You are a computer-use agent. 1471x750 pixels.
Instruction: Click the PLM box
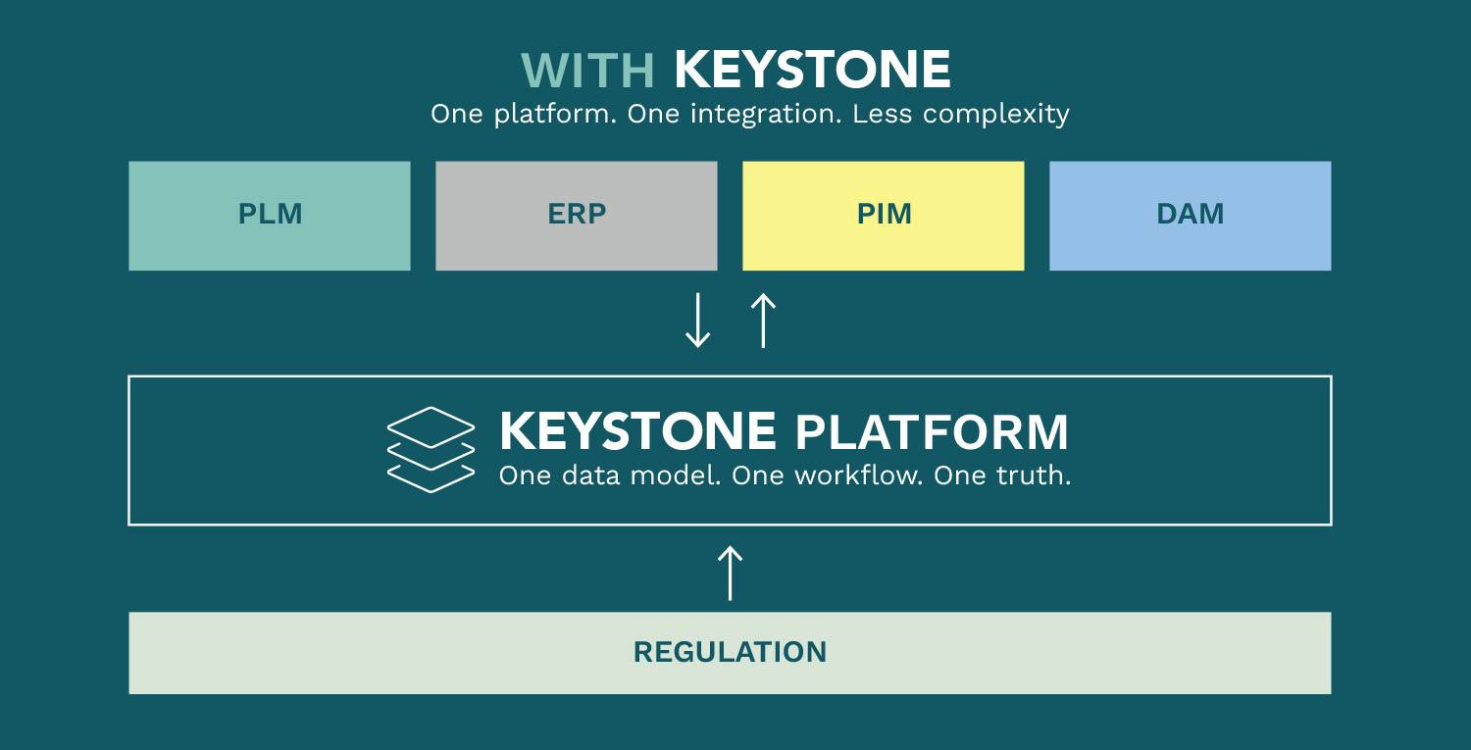[270, 216]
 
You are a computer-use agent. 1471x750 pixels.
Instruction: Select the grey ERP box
[577, 216]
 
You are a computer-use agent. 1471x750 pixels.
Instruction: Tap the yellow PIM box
[884, 216]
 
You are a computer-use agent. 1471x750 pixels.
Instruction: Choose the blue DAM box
[1190, 216]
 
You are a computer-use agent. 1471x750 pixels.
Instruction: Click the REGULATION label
[730, 652]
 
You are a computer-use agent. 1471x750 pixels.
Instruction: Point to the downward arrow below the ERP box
[697, 320]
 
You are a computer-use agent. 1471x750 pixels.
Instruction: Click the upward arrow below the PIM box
[763, 320]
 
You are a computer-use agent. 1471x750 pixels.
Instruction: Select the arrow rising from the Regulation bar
[731, 573]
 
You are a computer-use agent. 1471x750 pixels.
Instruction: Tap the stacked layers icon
[431, 450]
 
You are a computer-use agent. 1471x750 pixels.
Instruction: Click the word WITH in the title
[587, 71]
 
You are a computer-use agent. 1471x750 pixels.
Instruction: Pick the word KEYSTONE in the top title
[812, 70]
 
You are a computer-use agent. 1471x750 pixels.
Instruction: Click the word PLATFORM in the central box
[932, 432]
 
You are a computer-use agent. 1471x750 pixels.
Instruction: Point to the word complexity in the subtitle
[996, 115]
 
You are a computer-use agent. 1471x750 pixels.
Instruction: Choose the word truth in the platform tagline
[1033, 475]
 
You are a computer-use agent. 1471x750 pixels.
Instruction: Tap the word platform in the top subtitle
[555, 115]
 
